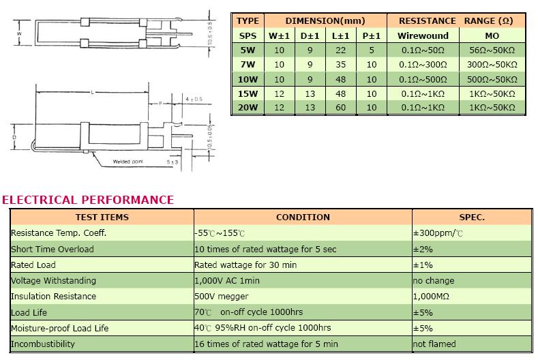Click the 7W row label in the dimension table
pyautogui.click(x=248, y=65)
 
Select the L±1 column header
pyautogui.click(x=340, y=35)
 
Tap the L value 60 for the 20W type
pyautogui.click(x=340, y=108)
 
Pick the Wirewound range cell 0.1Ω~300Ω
pyautogui.click(x=423, y=65)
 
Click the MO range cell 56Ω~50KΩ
pyautogui.click(x=492, y=50)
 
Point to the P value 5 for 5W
pyautogui.click(x=372, y=50)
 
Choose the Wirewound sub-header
pyautogui.click(x=423, y=35)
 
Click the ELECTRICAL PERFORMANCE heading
pyautogui.click(x=88, y=200)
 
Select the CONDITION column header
pyautogui.click(x=303, y=217)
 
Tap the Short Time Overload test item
pyautogui.click(x=52, y=249)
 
